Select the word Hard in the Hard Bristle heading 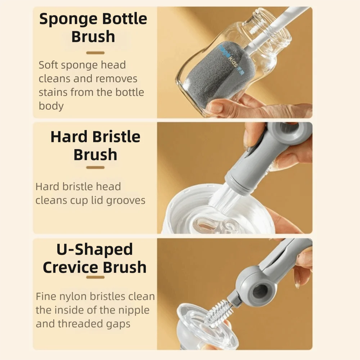[68, 137]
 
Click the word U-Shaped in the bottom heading [95, 249]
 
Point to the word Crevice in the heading [71, 268]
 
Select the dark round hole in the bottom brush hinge [260, 291]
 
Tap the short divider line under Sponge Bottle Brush [95, 53]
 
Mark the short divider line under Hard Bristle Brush [95, 167]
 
